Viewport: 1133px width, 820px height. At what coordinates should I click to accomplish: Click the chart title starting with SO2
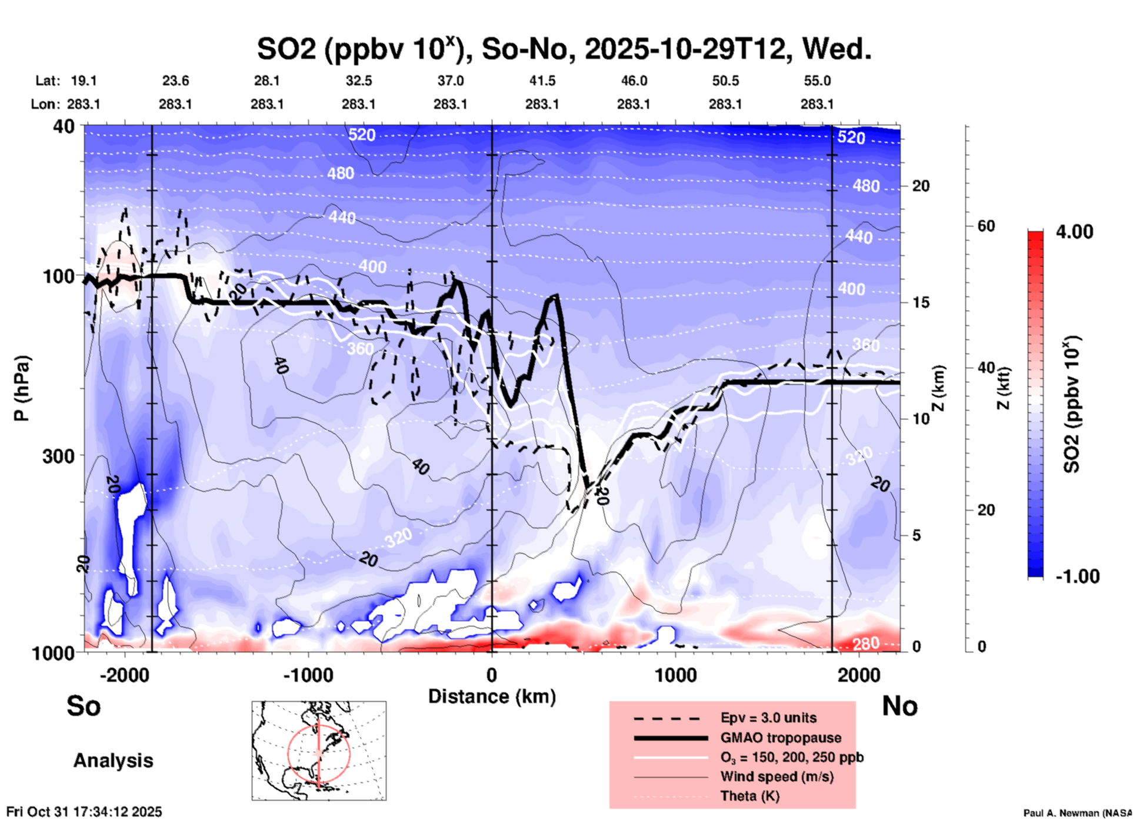tap(564, 49)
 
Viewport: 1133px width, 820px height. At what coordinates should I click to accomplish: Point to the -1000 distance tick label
tap(308, 675)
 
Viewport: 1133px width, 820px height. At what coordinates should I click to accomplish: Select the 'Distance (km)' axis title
tap(492, 696)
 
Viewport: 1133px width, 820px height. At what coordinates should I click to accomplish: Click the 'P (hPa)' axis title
tap(22, 388)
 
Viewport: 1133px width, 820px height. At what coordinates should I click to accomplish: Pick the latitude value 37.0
tap(451, 81)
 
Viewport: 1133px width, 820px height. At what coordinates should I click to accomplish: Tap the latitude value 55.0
tap(817, 81)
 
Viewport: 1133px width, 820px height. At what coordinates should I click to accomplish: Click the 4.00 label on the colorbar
tap(1074, 232)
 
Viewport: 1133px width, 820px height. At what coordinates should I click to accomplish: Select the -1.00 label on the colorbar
tap(1077, 576)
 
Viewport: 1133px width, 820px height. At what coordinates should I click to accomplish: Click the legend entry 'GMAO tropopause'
tap(781, 738)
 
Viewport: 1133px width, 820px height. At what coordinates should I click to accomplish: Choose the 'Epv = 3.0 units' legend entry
tap(768, 718)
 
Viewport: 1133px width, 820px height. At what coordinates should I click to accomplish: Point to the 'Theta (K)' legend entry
tap(749, 796)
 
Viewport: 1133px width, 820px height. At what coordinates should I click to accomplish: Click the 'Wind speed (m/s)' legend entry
tap(777, 776)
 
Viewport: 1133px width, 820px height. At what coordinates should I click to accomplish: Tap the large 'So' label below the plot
tap(84, 706)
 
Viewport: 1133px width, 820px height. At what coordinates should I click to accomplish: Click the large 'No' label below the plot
tap(899, 706)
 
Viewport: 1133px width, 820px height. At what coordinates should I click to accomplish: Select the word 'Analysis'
tap(113, 761)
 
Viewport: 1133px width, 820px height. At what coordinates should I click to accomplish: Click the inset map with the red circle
tap(319, 751)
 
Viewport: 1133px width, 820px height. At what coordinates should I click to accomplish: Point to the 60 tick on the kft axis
tap(986, 226)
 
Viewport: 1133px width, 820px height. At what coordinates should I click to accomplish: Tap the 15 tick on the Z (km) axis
tap(921, 302)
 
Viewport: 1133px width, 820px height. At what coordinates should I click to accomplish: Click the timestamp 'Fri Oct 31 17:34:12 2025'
tap(84, 812)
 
